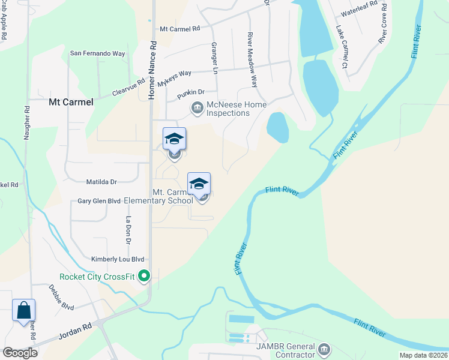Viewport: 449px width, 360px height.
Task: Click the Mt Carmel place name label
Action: tap(71, 102)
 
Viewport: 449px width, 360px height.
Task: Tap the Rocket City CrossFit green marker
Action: tap(144, 277)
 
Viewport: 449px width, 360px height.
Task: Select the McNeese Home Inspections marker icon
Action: tap(197, 108)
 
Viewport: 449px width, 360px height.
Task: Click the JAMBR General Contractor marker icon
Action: tap(324, 349)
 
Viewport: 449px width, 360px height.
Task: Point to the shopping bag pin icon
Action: tap(24, 311)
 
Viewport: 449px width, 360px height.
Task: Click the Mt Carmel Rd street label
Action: tap(180, 29)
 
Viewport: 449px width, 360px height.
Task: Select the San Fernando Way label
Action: tap(98, 53)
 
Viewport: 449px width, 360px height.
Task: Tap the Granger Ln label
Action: tap(214, 58)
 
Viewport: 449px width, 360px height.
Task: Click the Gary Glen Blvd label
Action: tap(99, 201)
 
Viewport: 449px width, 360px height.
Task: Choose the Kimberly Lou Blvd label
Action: tap(118, 259)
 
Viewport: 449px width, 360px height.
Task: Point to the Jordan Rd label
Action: tap(74, 331)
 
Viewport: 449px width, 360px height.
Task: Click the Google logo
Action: tap(20, 353)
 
